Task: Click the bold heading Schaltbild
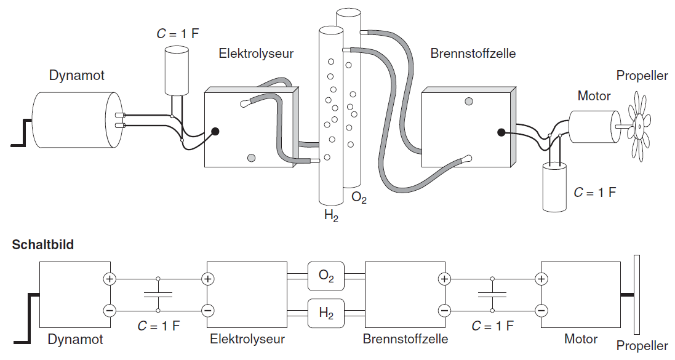pyautogui.click(x=43, y=245)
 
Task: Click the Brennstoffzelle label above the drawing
pyautogui.click(x=473, y=54)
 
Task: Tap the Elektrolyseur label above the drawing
pyautogui.click(x=256, y=54)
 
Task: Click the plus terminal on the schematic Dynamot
pyautogui.click(x=110, y=279)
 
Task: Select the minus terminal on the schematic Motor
pyautogui.click(x=541, y=311)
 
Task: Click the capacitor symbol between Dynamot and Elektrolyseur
pyautogui.click(x=158, y=295)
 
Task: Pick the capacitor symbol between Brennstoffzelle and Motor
pyautogui.click(x=492, y=295)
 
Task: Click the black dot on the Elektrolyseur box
pyautogui.click(x=215, y=131)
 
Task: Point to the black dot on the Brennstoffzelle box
pyautogui.click(x=501, y=132)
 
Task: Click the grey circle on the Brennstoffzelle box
pyautogui.click(x=469, y=101)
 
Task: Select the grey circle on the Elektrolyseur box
pyautogui.click(x=251, y=158)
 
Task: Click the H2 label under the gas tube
pyautogui.click(x=332, y=215)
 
